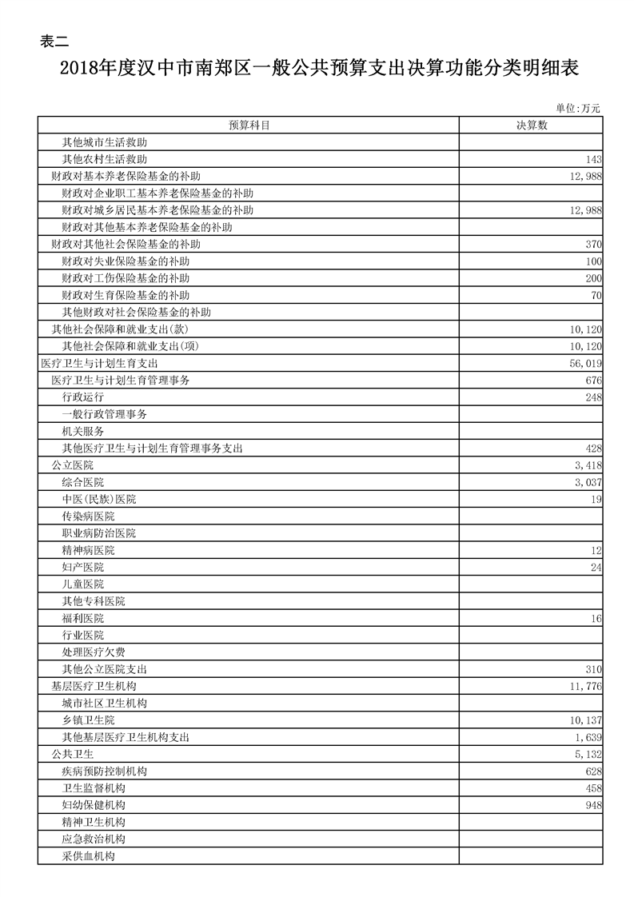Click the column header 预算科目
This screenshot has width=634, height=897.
click(x=248, y=125)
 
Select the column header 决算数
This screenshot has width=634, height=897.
click(x=531, y=125)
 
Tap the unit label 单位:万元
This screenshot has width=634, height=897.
click(x=577, y=108)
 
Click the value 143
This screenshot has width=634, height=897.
click(x=592, y=159)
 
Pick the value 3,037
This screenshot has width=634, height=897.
click(x=588, y=482)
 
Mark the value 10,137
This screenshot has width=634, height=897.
click(x=586, y=720)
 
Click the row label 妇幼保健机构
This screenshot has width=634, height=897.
click(x=94, y=804)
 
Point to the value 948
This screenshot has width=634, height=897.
click(x=592, y=804)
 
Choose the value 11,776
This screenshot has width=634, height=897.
click(x=586, y=686)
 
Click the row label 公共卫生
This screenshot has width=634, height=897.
click(x=72, y=754)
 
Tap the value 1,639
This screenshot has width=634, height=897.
click(x=588, y=736)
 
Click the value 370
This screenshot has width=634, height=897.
click(x=592, y=244)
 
